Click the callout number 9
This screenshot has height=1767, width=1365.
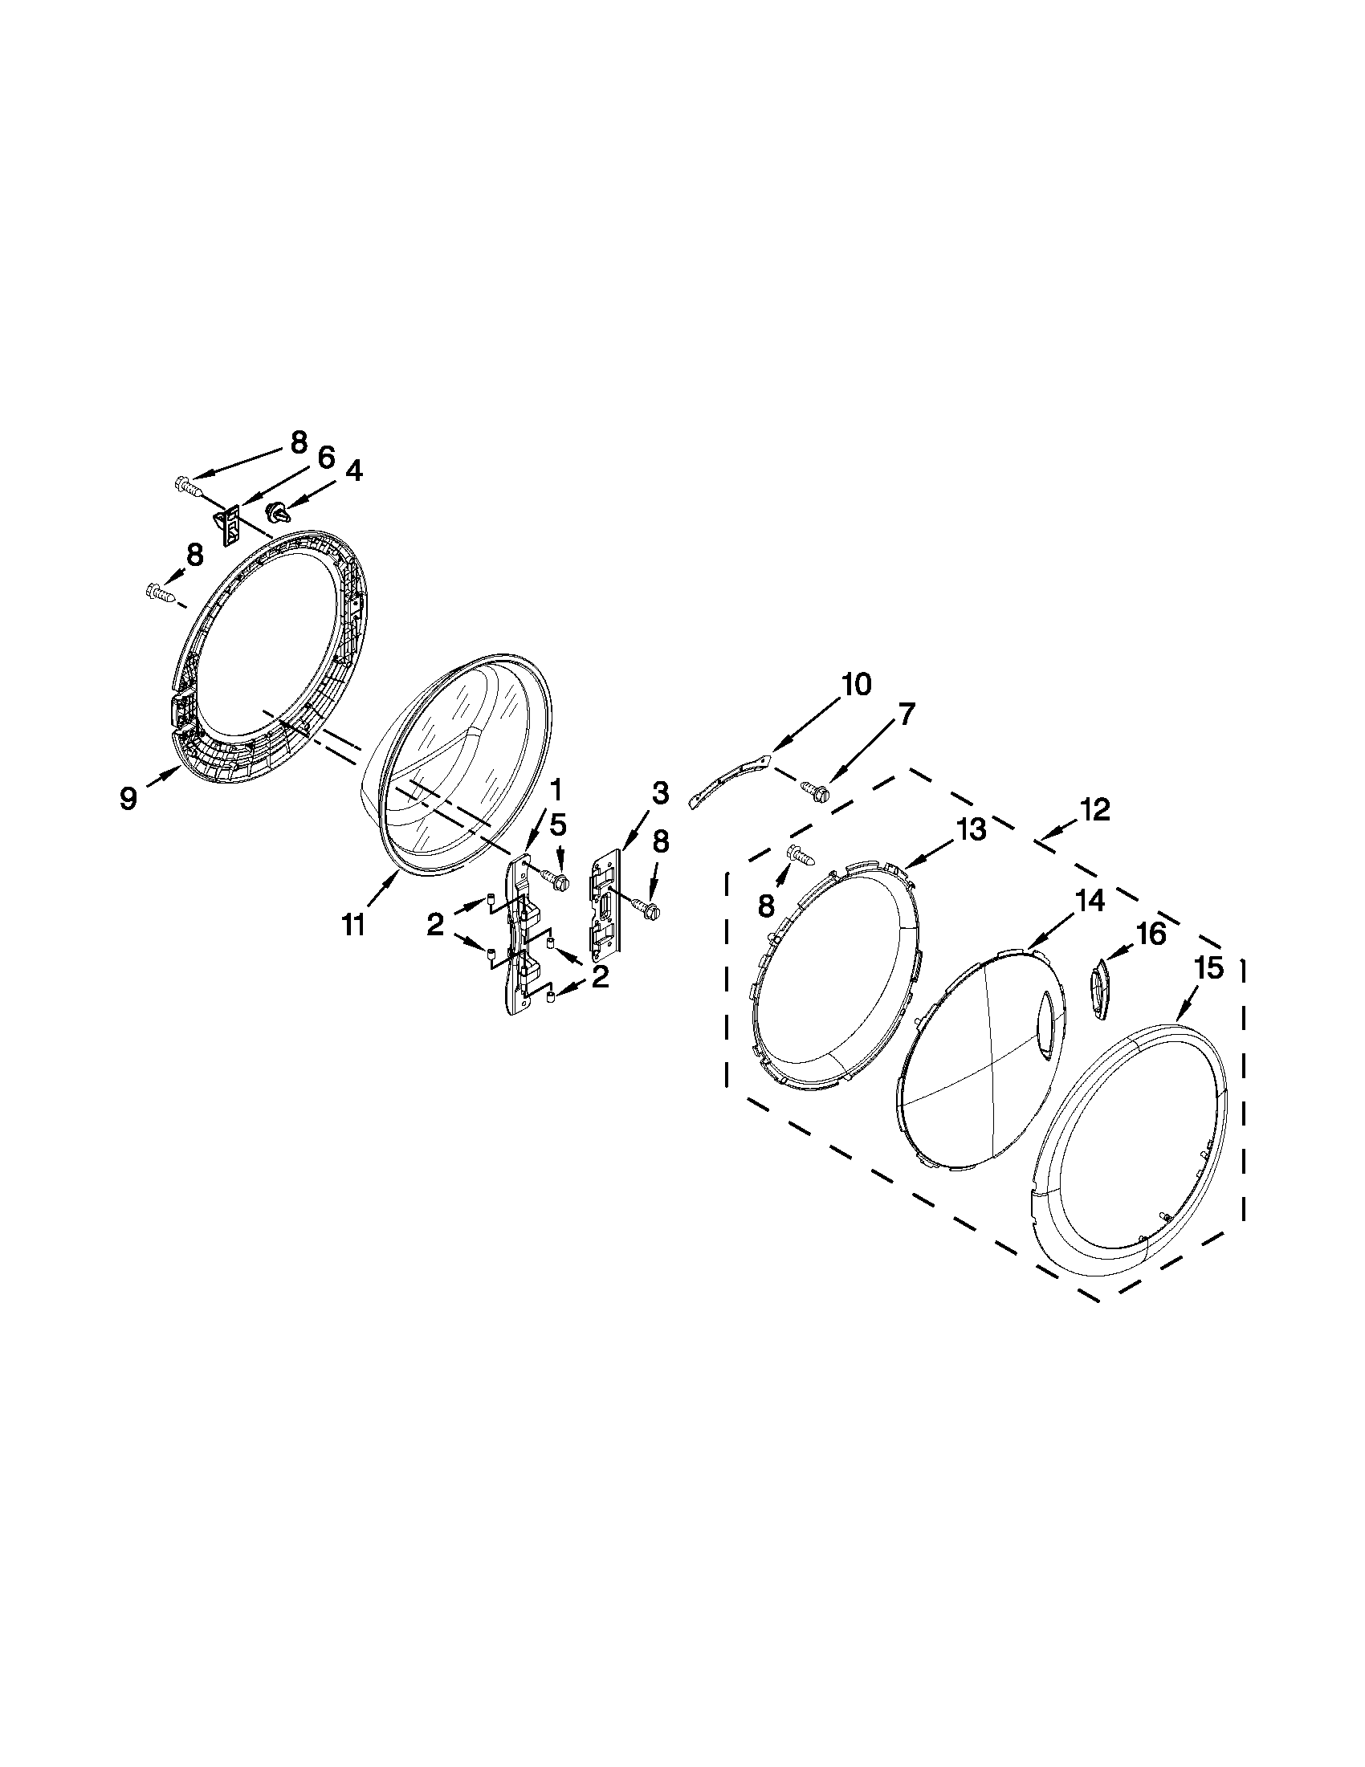(x=128, y=797)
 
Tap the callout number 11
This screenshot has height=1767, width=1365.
(x=352, y=923)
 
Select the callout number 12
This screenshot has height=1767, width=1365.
(x=1094, y=810)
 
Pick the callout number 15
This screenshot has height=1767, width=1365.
(x=1209, y=967)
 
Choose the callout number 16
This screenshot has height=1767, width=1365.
(x=1152, y=934)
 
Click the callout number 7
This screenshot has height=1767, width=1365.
(x=906, y=714)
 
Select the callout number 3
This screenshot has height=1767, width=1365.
(x=659, y=793)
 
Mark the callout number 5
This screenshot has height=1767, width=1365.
(x=558, y=824)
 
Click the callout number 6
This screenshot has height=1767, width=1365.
(x=325, y=458)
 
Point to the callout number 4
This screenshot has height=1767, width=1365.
(x=354, y=470)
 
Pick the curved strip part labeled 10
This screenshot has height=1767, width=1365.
(x=727, y=778)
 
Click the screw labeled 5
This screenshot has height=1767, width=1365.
(x=556, y=877)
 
